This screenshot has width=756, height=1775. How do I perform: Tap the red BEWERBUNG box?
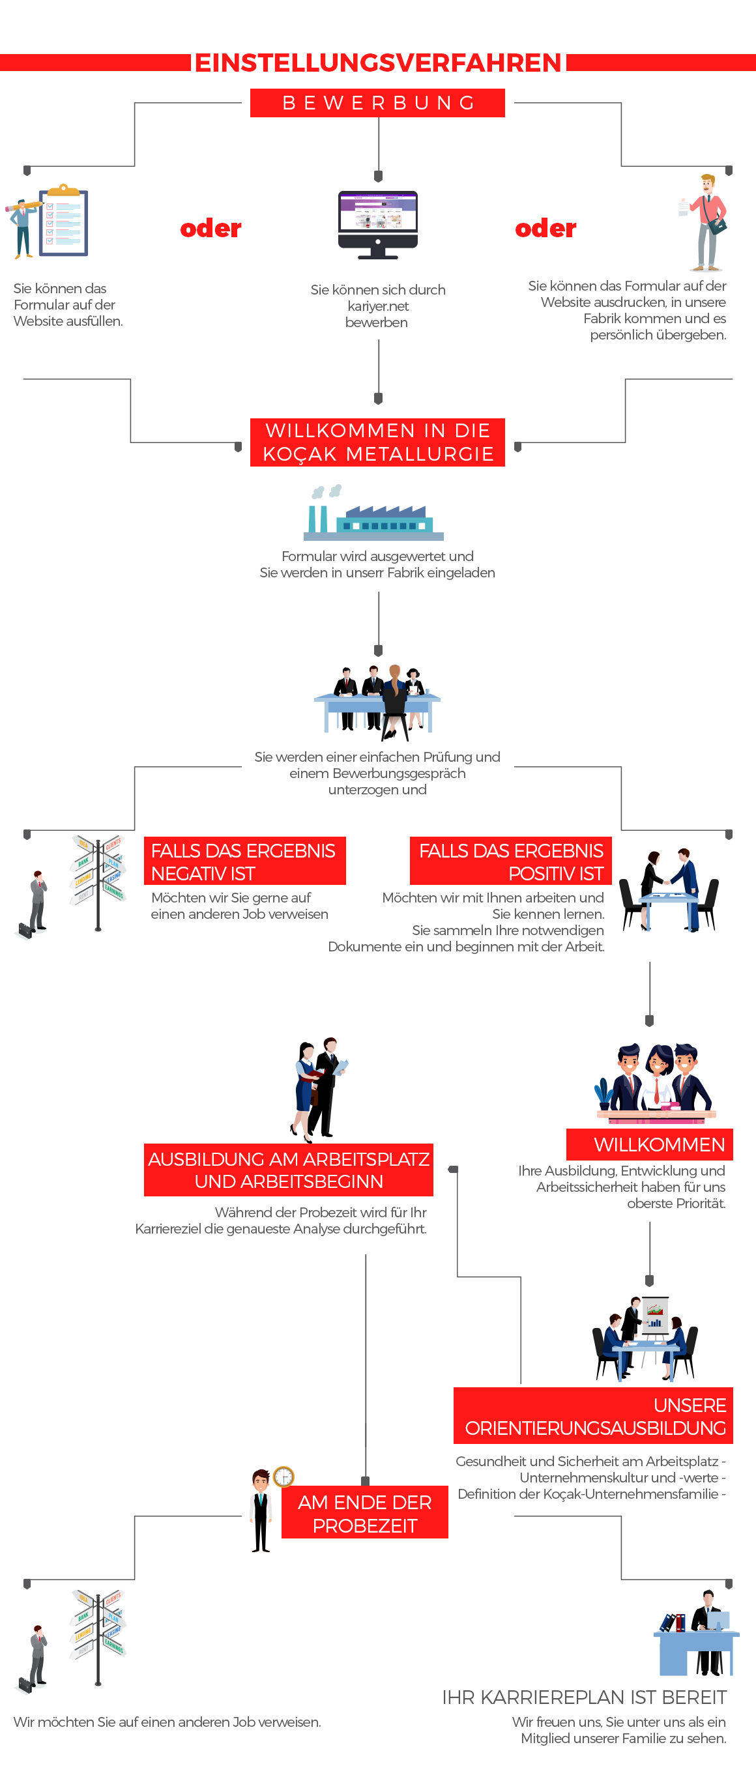point(377,103)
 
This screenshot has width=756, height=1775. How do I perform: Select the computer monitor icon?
point(377,225)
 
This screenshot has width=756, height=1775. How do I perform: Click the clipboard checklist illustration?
point(63,220)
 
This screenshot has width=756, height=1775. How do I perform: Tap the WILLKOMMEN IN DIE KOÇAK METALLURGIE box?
point(377,442)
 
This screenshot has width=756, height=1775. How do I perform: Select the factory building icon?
point(373,513)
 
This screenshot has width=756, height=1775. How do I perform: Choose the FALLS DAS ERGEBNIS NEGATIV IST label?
point(244,861)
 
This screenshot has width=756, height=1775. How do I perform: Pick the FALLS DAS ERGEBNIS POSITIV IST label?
point(511,861)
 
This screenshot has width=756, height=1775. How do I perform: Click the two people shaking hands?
point(669,889)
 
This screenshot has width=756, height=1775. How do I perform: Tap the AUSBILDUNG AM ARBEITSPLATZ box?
point(289,1170)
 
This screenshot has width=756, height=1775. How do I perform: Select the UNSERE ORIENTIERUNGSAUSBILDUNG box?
point(593,1416)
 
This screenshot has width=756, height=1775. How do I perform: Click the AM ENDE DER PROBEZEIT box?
point(364,1513)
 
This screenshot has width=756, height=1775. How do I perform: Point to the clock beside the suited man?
point(284,1476)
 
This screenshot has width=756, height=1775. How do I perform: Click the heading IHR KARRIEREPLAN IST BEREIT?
point(585,1697)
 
